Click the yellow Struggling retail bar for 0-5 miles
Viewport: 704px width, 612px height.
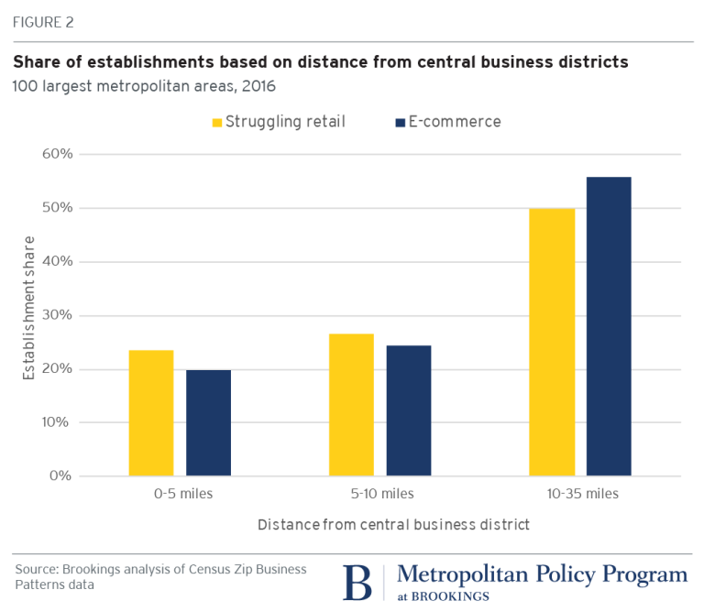pos(151,412)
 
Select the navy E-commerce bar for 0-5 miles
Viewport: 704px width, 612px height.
pos(208,422)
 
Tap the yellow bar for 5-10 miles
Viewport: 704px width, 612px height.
pos(351,404)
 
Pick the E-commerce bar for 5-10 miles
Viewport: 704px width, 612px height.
pos(408,410)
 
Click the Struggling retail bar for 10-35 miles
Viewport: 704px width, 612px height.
pos(552,342)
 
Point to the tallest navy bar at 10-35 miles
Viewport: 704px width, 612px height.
pos(609,326)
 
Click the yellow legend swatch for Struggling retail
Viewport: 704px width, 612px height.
pos(217,123)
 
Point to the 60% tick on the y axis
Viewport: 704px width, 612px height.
pos(56,154)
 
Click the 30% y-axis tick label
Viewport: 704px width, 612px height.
pos(56,315)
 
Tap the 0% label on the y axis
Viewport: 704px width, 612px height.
pos(60,476)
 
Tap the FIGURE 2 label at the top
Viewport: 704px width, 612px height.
pos(42,21)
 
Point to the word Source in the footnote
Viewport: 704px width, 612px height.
pos(35,569)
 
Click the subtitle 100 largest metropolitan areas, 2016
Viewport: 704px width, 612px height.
pos(144,87)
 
